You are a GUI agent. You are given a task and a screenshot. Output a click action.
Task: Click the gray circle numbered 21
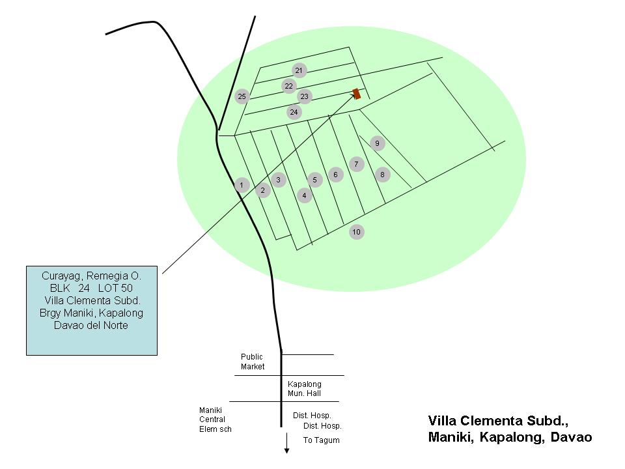pos(299,70)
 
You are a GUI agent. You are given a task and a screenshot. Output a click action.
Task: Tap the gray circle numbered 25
pos(242,96)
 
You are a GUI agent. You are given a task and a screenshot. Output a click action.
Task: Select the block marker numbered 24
pos(294,112)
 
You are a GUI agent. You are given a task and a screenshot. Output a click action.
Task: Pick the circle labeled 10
pos(357,232)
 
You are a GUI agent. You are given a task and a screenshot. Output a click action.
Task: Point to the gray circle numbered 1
pos(242,184)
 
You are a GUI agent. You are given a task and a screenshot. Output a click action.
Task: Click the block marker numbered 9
pos(378,143)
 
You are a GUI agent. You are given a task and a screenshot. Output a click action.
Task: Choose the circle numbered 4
pos(305,195)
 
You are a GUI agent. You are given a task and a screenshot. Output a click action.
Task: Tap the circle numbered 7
pos(357,164)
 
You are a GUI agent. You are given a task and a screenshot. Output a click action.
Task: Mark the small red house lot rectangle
pos(357,94)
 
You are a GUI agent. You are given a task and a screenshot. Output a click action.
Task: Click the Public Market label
pos(253,362)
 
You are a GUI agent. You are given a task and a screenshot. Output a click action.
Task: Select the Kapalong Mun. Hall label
pos(305,388)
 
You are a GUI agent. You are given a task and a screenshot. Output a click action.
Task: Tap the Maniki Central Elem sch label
pos(215,419)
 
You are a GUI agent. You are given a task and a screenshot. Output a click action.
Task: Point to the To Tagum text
pos(321,440)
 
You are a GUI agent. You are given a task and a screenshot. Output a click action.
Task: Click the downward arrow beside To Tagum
pos(286,444)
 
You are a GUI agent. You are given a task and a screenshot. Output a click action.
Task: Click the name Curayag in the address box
pos(62,276)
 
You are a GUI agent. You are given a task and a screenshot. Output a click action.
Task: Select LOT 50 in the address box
pos(116,289)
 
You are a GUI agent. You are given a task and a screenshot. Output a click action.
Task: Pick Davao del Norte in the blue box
pos(91,326)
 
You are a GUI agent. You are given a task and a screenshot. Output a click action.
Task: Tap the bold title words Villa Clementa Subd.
pos(498,421)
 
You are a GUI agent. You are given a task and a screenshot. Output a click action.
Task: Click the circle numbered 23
pos(305,96)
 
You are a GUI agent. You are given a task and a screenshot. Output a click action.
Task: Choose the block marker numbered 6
pos(336,175)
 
